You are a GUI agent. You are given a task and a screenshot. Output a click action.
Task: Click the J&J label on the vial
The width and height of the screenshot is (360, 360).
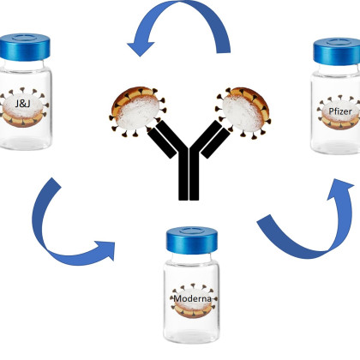23,103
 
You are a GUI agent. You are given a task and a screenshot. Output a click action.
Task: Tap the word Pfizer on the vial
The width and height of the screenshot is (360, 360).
340,111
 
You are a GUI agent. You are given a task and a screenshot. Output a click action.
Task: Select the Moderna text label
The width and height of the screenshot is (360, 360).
193,298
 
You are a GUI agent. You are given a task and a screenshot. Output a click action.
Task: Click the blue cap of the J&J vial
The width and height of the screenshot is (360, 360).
25,47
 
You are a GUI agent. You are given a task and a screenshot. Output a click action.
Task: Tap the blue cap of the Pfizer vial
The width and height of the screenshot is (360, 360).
337,51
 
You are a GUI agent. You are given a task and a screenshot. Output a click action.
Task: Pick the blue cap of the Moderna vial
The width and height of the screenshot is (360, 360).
192,240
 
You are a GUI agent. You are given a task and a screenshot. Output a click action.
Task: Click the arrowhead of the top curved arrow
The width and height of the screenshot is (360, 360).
140,47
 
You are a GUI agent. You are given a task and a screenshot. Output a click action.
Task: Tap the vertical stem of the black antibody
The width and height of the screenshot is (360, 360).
189,173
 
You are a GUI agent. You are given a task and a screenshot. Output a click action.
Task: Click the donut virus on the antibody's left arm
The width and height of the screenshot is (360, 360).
136,111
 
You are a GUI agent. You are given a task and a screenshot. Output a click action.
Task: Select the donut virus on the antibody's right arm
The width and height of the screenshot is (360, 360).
243,112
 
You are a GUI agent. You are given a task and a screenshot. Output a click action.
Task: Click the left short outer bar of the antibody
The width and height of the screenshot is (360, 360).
162,143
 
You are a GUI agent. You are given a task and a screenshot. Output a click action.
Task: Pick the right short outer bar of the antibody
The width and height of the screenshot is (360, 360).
215,143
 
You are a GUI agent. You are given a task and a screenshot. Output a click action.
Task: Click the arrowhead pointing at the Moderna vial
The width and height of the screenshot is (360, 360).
106,250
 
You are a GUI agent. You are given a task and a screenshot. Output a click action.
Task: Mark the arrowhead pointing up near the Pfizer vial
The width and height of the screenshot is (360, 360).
340,188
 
